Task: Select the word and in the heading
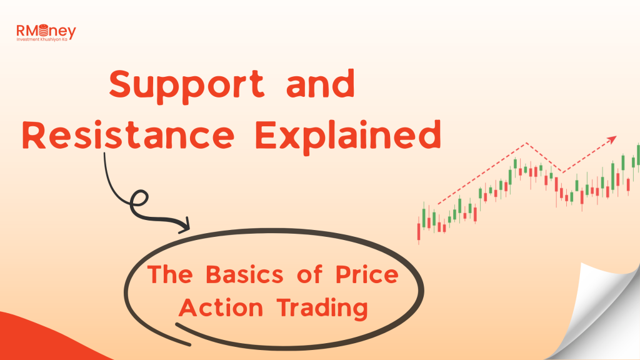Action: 319,84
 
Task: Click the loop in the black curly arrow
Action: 141,199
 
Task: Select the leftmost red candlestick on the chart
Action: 419,232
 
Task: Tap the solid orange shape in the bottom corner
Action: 37,341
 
